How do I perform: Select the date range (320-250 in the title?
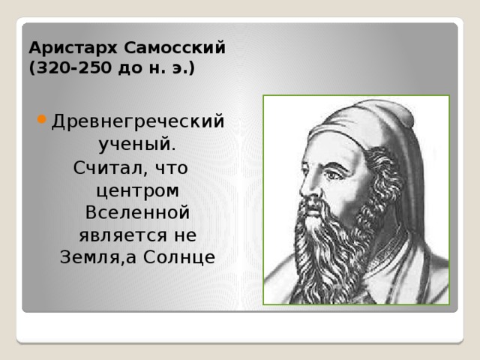coord(67,68)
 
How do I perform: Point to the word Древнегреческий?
coord(138,121)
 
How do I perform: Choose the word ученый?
coord(138,142)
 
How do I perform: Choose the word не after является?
coord(184,235)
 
